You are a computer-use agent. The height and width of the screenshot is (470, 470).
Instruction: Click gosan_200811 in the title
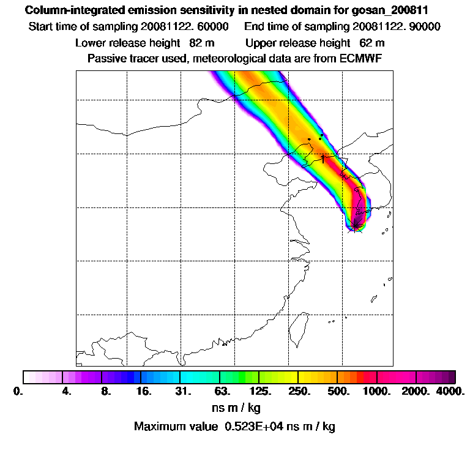(x=389, y=10)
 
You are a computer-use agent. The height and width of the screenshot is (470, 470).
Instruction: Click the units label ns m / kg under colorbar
(x=236, y=407)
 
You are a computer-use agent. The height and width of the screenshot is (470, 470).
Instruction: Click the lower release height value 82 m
(x=198, y=43)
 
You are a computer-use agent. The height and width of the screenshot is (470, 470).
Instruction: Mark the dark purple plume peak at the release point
(x=356, y=225)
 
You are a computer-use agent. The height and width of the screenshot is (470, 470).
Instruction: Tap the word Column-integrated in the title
(x=67, y=10)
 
